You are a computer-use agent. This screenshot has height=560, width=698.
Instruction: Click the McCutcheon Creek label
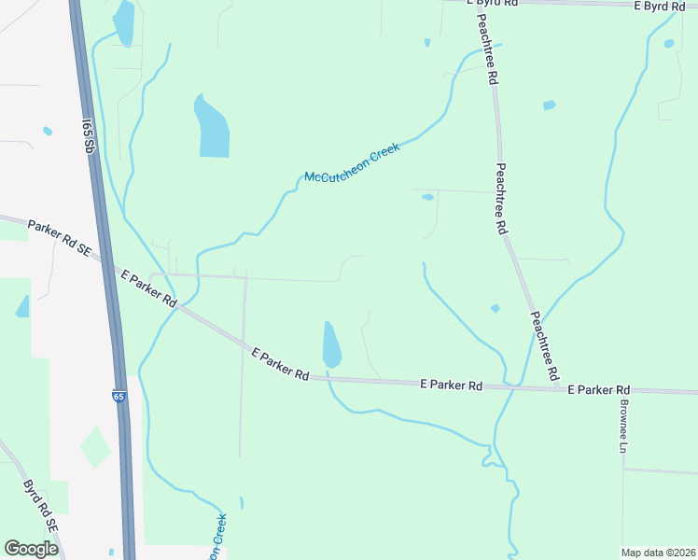tap(353, 163)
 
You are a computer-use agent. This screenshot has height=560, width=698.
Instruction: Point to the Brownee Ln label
tap(621, 426)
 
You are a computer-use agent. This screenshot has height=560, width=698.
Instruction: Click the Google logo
tap(31, 549)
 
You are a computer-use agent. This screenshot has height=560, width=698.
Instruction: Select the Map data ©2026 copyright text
tap(658, 553)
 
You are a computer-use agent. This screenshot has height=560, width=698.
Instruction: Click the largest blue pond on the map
tap(211, 128)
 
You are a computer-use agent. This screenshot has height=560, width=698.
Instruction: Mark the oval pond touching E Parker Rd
tap(331, 344)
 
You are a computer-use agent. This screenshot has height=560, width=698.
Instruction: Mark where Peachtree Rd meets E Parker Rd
tap(557, 386)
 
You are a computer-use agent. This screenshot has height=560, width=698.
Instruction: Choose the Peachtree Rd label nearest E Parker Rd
tap(543, 344)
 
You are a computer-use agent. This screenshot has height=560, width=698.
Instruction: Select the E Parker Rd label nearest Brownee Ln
tap(598, 389)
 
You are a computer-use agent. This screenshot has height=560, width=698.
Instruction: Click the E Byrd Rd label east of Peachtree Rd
tap(666, 6)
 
